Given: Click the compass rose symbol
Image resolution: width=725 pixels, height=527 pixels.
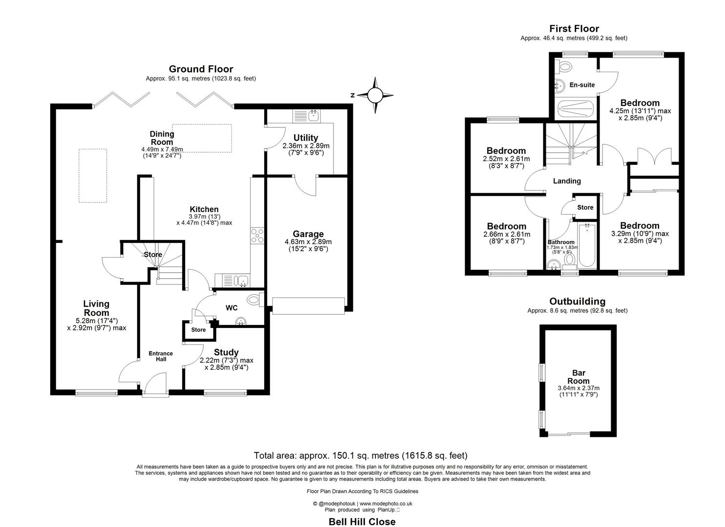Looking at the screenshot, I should (374, 95).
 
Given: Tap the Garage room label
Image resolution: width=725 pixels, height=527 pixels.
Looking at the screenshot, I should (308, 234).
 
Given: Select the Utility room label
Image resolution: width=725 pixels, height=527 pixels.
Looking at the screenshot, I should (306, 138).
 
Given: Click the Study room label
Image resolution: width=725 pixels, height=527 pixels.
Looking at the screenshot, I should (226, 352).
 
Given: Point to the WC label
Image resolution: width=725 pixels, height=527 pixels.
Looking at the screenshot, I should (231, 308).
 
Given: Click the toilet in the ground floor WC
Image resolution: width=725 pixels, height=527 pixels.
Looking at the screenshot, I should (253, 299).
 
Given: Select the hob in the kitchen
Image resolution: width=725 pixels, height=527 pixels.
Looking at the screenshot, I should (257, 236).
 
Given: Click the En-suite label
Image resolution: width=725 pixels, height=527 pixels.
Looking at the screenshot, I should (582, 85).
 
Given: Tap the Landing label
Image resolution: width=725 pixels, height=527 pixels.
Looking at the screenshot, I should (567, 181).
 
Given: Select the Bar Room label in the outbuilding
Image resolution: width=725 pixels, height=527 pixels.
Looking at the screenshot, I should (579, 377).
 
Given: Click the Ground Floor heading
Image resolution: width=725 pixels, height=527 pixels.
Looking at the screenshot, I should (201, 69).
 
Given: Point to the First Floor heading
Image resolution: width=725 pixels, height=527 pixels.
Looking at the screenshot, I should (574, 29).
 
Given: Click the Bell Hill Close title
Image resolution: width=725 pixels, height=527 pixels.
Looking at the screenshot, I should (362, 522).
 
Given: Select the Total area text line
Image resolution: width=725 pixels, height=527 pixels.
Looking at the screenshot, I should (361, 456).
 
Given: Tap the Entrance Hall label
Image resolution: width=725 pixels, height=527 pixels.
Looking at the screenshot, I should (161, 356).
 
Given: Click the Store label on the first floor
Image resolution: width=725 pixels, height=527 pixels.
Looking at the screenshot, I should (585, 207).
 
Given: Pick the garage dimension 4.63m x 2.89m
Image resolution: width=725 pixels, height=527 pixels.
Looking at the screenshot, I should (308, 242).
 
